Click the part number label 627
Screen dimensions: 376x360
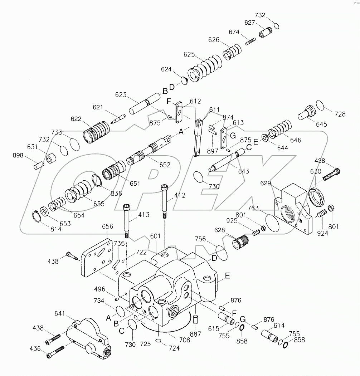point(249,22)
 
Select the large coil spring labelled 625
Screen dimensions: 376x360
point(207,68)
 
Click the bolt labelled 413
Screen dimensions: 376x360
point(127,220)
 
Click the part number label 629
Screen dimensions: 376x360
point(265,183)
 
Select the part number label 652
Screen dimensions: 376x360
point(165,165)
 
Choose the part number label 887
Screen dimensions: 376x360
point(196,334)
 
